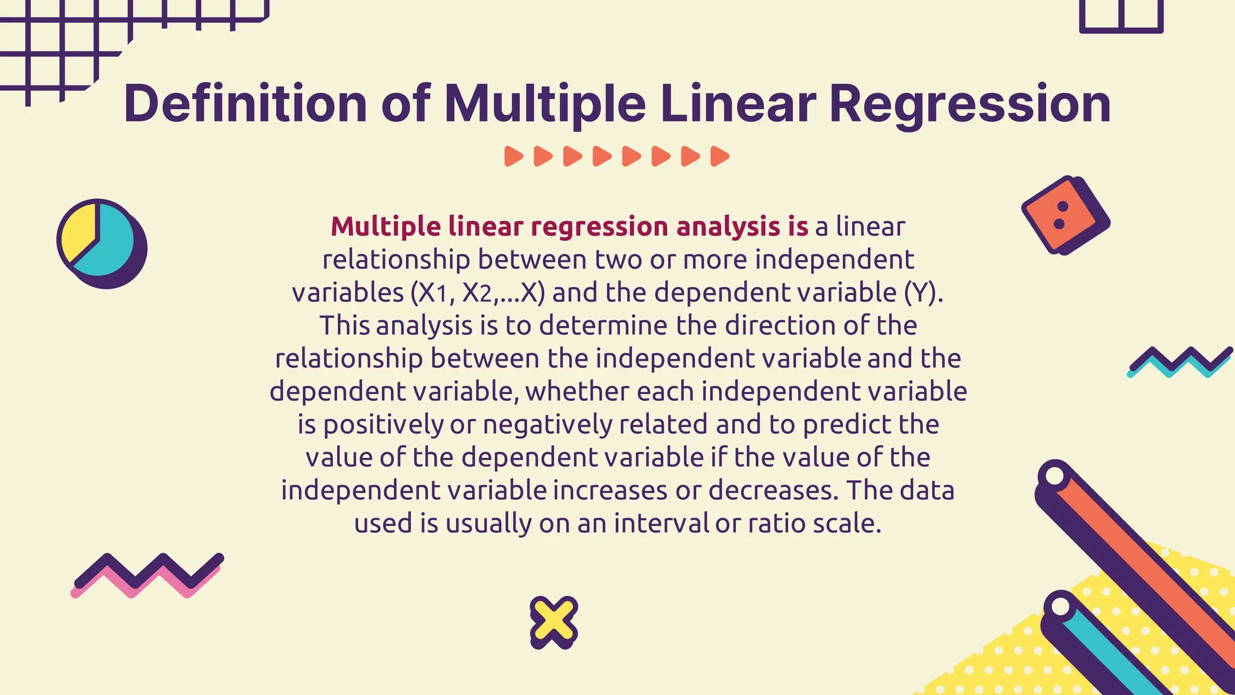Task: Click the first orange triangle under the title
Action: click(513, 156)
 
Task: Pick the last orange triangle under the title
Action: click(719, 156)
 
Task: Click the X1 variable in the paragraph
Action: click(432, 293)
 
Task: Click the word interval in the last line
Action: click(661, 523)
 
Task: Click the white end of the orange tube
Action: click(1054, 475)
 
